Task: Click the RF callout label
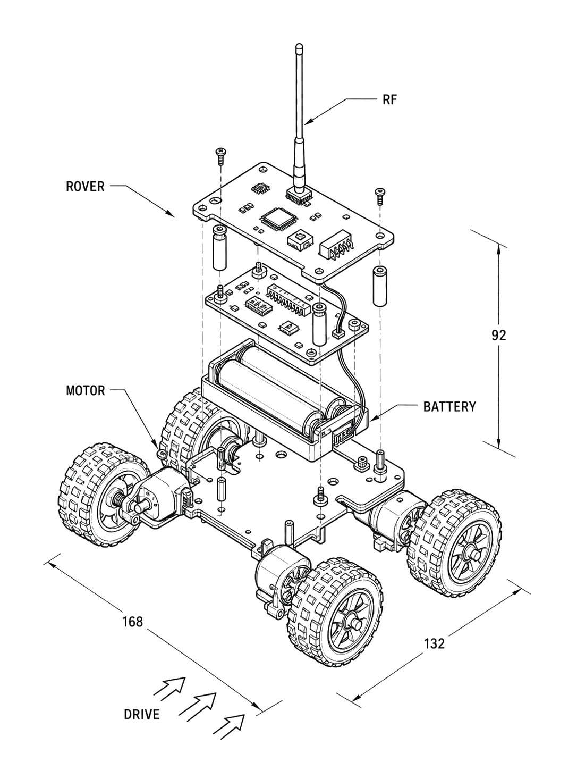pos(390,99)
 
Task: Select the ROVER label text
pos(85,186)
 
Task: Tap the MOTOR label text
pos(86,390)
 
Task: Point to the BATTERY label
pos(450,407)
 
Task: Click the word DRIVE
pos(142,715)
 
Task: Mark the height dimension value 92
pos(499,336)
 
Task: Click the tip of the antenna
pos(299,45)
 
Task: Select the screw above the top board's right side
pos(380,196)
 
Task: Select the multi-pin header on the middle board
pos(290,299)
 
